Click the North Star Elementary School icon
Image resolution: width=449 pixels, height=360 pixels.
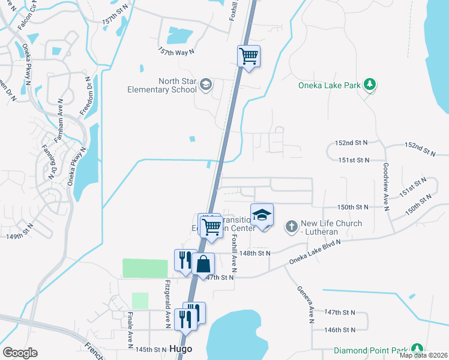tap(206, 84)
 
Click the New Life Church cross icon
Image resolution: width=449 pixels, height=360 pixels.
tap(291, 226)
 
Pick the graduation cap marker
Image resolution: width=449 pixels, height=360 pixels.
tap(262, 215)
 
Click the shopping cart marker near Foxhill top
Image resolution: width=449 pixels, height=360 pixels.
tap(249, 56)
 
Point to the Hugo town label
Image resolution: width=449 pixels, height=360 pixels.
tap(180, 349)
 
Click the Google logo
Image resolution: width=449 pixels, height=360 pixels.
tap(20, 353)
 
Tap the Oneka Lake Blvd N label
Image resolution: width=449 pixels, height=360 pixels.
tap(315, 251)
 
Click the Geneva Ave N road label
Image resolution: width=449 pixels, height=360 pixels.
tap(305, 304)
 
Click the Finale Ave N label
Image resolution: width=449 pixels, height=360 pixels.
tap(130, 329)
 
